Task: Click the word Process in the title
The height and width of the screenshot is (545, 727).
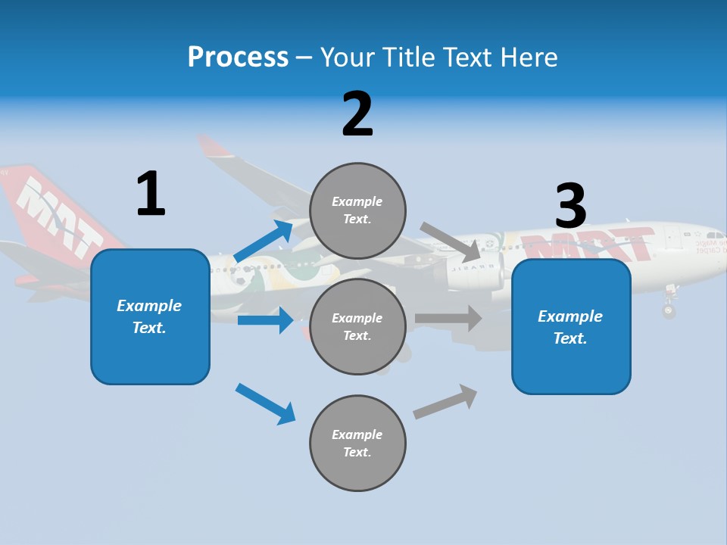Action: (x=238, y=58)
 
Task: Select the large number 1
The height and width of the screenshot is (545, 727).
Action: (x=151, y=194)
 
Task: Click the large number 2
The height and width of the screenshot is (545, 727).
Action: (x=357, y=114)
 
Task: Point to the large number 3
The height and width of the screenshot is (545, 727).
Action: (x=571, y=206)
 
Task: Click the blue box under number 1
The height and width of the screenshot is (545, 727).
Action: (x=150, y=316)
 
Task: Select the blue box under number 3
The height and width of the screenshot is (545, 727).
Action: (x=571, y=326)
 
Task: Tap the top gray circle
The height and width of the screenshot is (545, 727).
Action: (x=357, y=210)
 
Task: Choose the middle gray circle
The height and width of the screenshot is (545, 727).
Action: (x=357, y=326)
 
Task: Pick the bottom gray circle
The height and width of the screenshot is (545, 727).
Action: (x=357, y=443)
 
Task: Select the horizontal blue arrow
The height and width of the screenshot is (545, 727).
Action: (x=265, y=320)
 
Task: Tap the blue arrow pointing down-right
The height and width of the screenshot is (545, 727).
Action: (x=266, y=403)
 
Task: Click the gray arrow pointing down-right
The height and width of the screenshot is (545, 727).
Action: (x=450, y=241)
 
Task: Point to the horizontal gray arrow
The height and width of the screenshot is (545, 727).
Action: (x=448, y=319)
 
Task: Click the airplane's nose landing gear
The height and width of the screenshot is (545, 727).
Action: (x=668, y=306)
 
